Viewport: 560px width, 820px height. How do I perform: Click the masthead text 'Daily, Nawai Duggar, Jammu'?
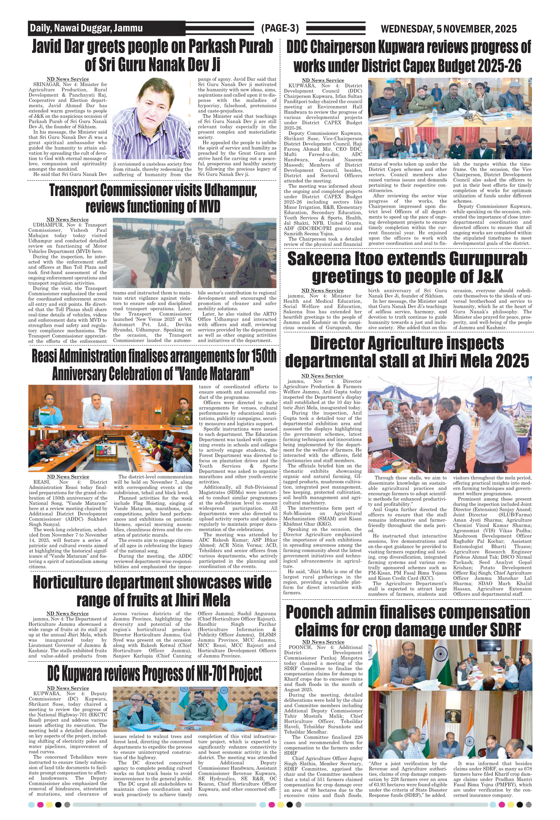[86, 28]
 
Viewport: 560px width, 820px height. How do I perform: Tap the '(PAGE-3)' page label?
[280, 28]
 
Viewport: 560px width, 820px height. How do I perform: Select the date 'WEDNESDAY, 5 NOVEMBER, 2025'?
[448, 29]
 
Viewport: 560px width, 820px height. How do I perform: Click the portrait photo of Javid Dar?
[152, 119]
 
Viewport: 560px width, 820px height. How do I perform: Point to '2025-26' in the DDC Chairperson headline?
[499, 66]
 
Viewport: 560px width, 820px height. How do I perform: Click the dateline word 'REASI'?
[41, 482]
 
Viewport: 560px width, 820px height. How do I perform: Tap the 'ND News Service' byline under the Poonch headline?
[323, 642]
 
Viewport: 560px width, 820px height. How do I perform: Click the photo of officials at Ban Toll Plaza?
[195, 253]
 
